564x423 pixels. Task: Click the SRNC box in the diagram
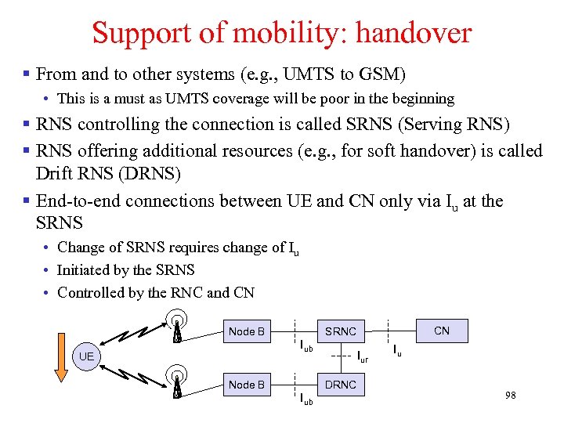[341, 331]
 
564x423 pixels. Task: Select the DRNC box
[341, 385]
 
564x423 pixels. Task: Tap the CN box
[442, 331]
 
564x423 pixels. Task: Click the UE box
[86, 357]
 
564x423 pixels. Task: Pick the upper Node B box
[246, 331]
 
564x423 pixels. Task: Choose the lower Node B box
[246, 385]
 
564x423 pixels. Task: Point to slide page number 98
[510, 395]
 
